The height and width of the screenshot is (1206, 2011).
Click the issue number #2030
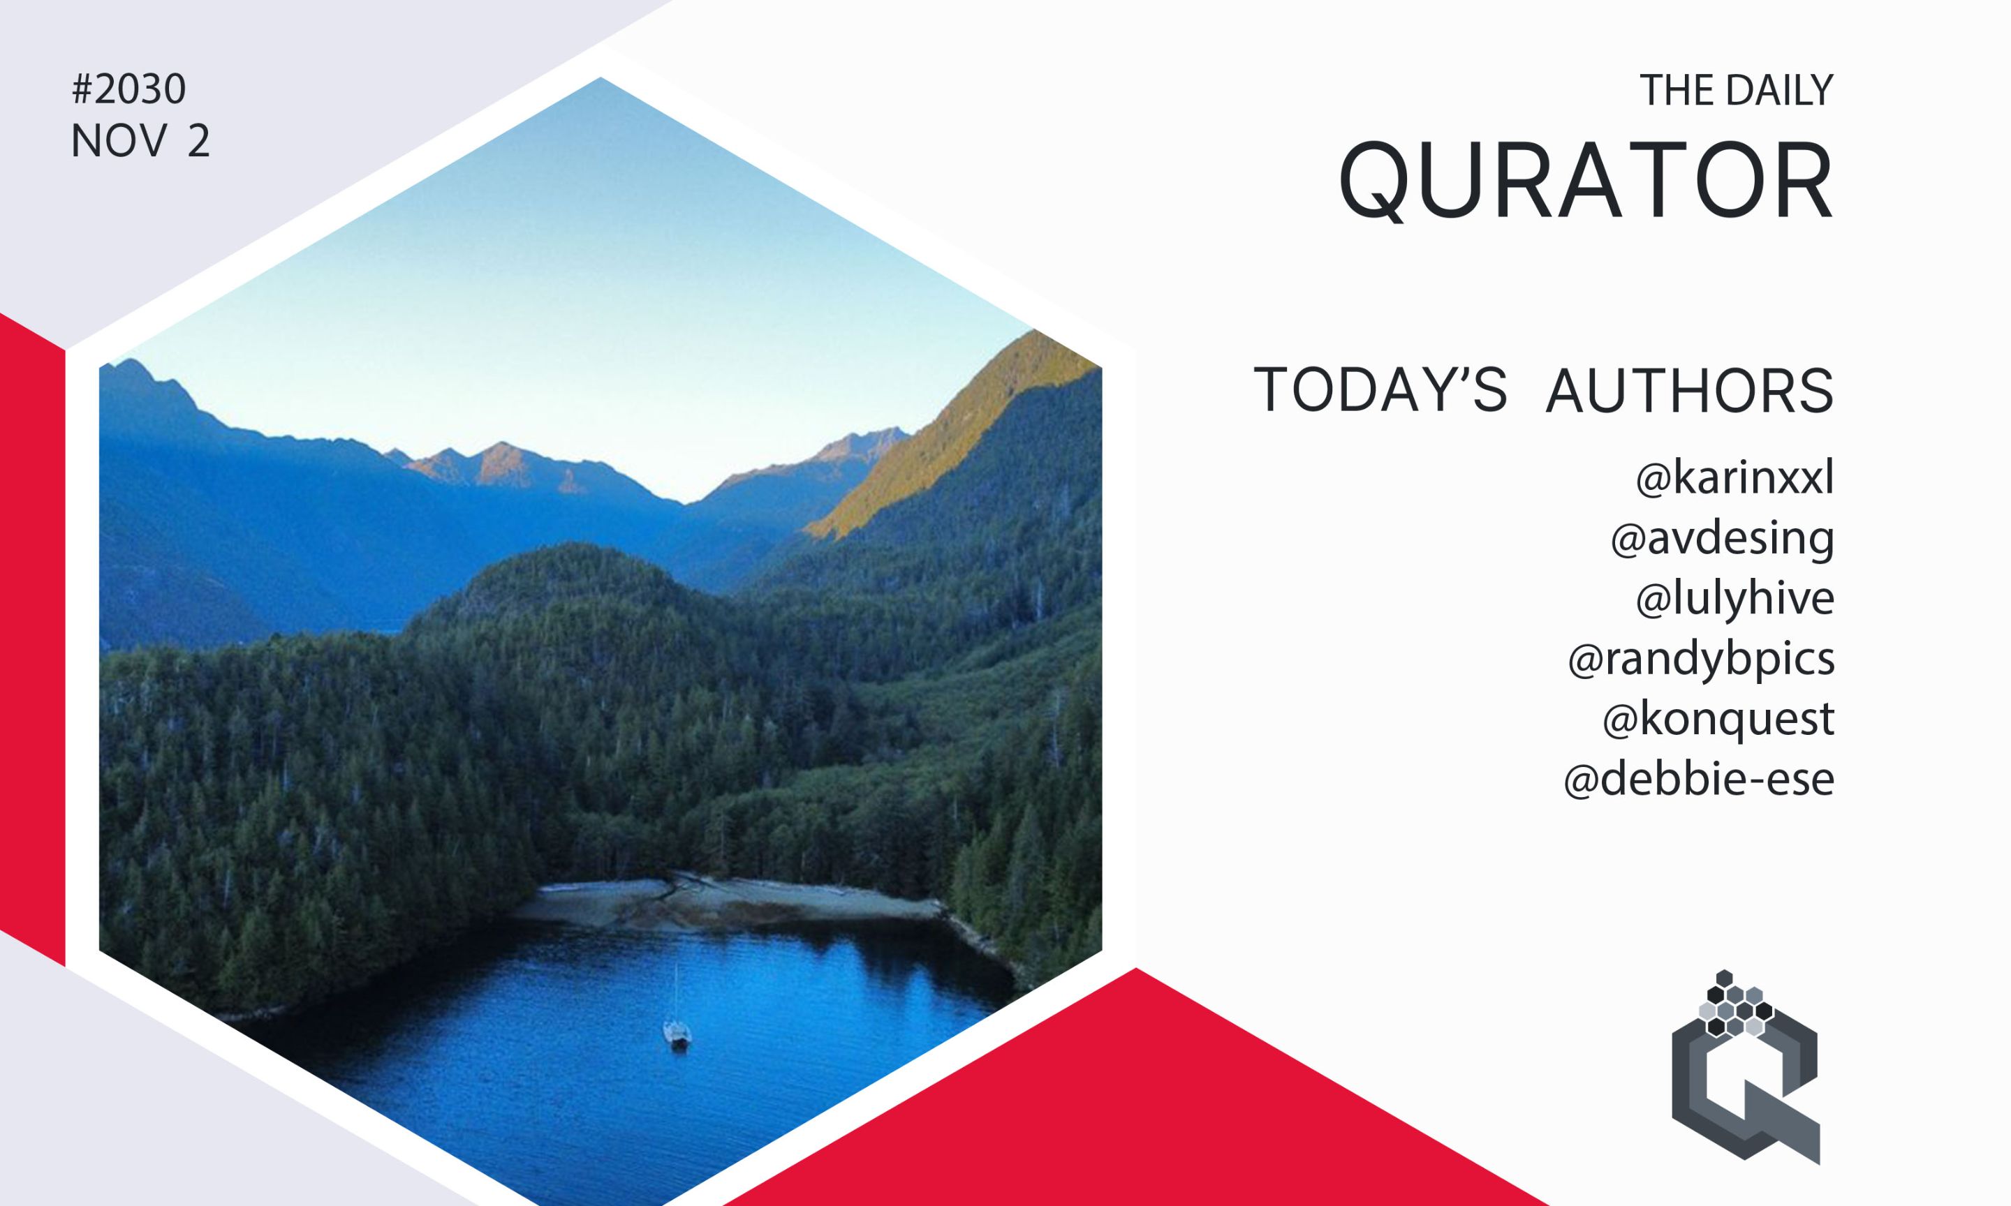pos(129,89)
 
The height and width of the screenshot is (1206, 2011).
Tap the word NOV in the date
pos(119,142)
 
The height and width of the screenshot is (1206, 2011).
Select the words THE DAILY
pos(1737,90)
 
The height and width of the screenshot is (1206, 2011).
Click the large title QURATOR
pos(1585,181)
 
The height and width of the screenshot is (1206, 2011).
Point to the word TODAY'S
pos(1380,390)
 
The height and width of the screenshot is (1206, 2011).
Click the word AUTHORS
pos(1690,391)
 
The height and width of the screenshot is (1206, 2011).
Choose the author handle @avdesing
pos(1723,539)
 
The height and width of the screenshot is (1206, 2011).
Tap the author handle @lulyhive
pos(1734,598)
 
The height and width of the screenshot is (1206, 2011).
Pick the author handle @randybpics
pos(1700,658)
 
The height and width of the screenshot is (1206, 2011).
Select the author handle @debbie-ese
pos(1699,779)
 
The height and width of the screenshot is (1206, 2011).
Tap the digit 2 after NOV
pos(198,142)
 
